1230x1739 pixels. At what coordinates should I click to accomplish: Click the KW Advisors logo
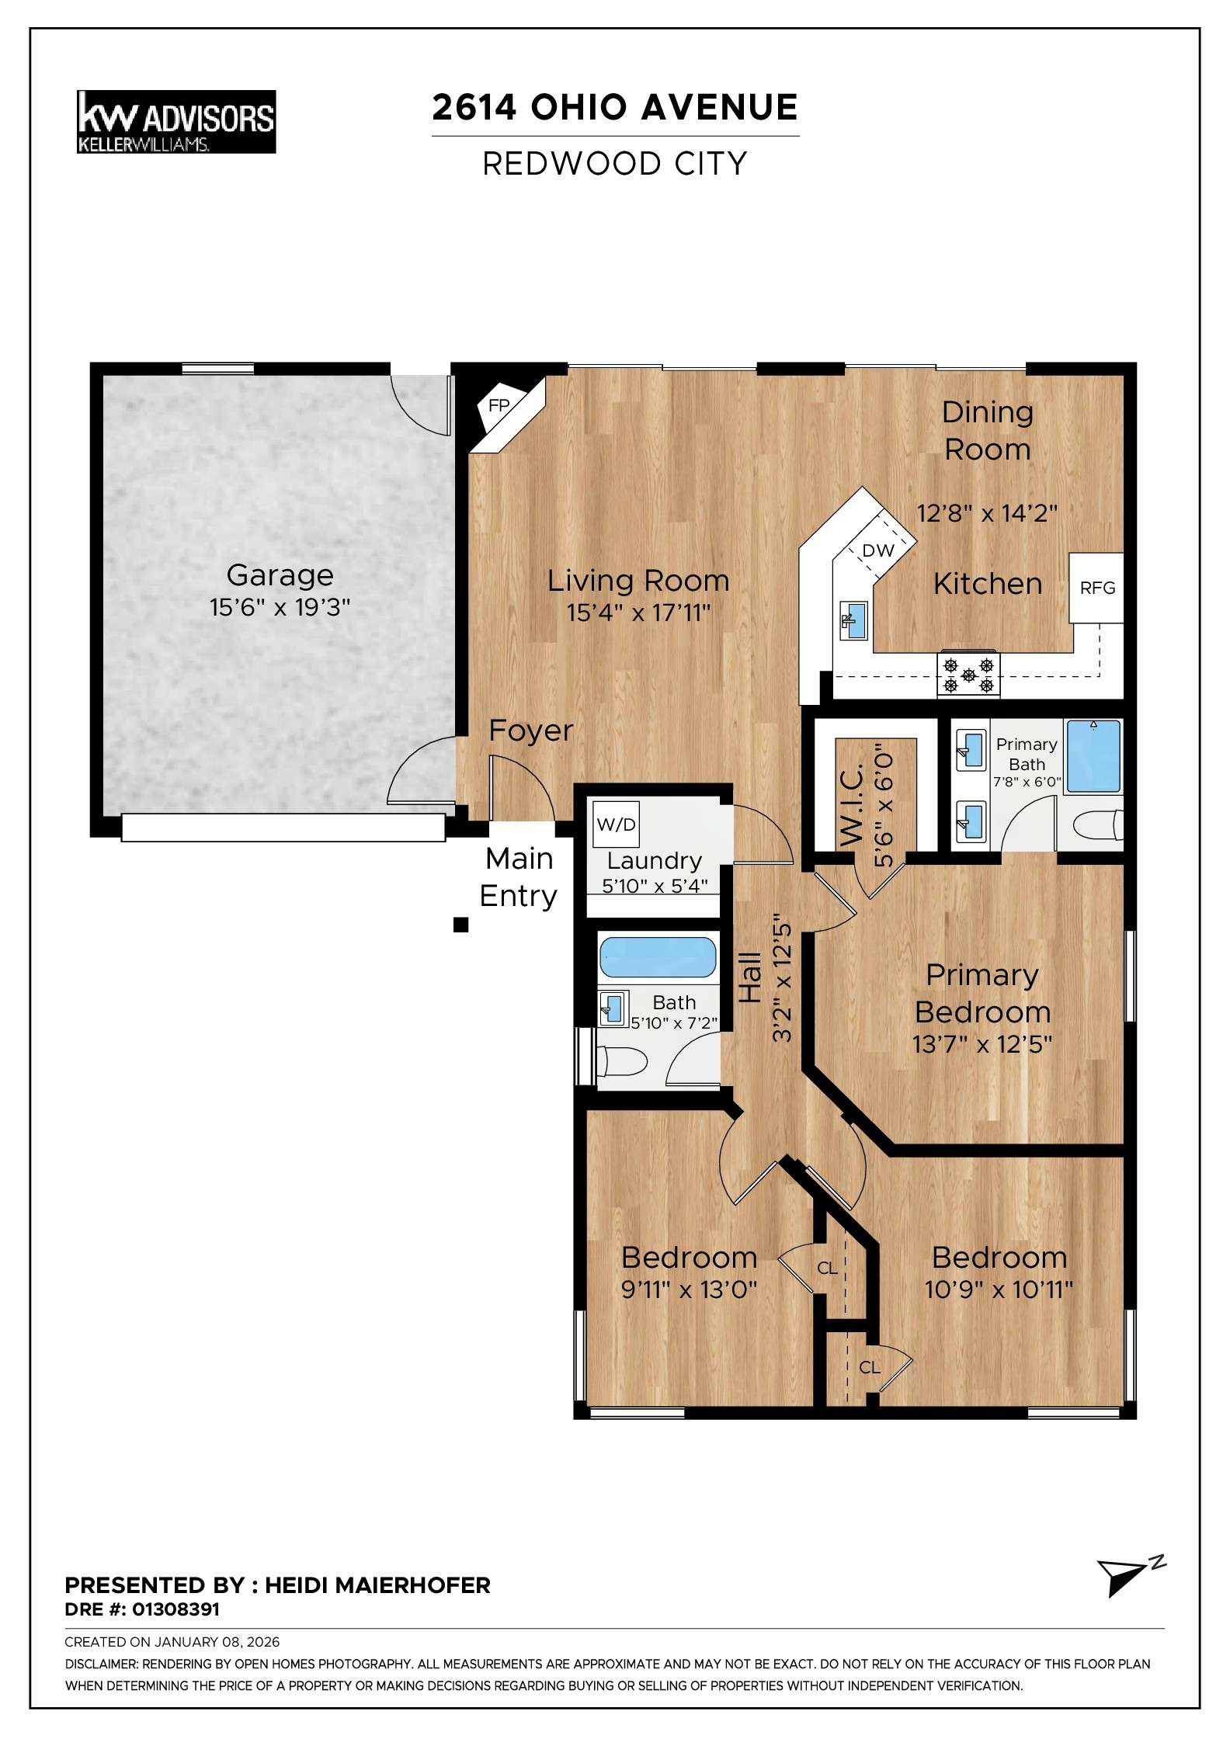[x=176, y=122]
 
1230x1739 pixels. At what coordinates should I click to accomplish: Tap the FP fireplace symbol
[x=499, y=405]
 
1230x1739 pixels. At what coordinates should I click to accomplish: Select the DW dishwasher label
[x=878, y=550]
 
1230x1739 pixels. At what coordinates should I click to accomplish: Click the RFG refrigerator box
[x=1097, y=588]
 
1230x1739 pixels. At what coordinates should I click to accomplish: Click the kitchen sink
[x=853, y=620]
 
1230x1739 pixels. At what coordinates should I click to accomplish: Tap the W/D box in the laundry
[x=616, y=824]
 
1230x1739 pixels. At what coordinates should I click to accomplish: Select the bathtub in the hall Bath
[x=657, y=957]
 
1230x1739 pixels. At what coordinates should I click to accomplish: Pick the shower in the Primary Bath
[x=1093, y=756]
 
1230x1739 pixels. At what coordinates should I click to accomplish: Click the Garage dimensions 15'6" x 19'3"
[x=280, y=607]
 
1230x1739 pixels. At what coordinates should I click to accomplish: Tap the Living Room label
[x=638, y=581]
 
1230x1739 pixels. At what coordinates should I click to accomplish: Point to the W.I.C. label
[x=852, y=804]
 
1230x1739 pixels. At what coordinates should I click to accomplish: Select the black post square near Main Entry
[x=460, y=925]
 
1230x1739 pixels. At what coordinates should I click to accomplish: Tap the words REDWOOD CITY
[x=614, y=164]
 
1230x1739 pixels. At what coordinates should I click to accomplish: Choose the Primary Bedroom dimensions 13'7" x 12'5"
[x=982, y=1044]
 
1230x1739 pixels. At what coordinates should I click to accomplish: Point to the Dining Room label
[x=987, y=431]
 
